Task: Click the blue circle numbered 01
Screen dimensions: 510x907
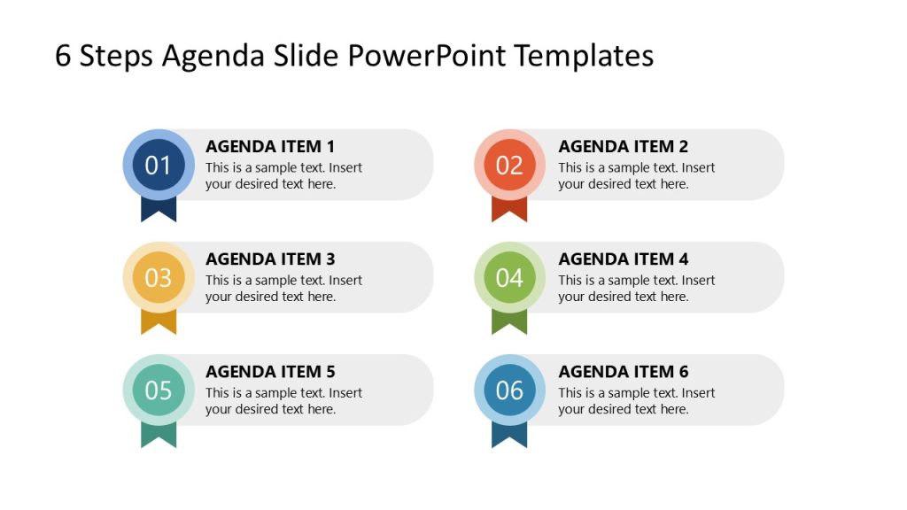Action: (158, 165)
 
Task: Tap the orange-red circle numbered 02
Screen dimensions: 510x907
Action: (509, 165)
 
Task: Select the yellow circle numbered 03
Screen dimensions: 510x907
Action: (158, 277)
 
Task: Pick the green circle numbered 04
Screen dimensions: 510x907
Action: (509, 277)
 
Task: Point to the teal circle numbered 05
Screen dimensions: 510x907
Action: (158, 390)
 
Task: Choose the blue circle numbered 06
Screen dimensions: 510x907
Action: (509, 390)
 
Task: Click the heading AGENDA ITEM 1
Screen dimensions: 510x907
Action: (270, 146)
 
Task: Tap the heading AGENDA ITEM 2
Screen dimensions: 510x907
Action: (623, 146)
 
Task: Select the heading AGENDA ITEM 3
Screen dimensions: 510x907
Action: (270, 259)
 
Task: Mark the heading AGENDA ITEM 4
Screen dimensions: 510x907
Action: (623, 259)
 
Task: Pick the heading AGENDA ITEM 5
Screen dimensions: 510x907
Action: (270, 371)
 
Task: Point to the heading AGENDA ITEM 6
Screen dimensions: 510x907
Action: (623, 371)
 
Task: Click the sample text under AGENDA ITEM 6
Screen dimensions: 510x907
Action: (636, 401)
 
